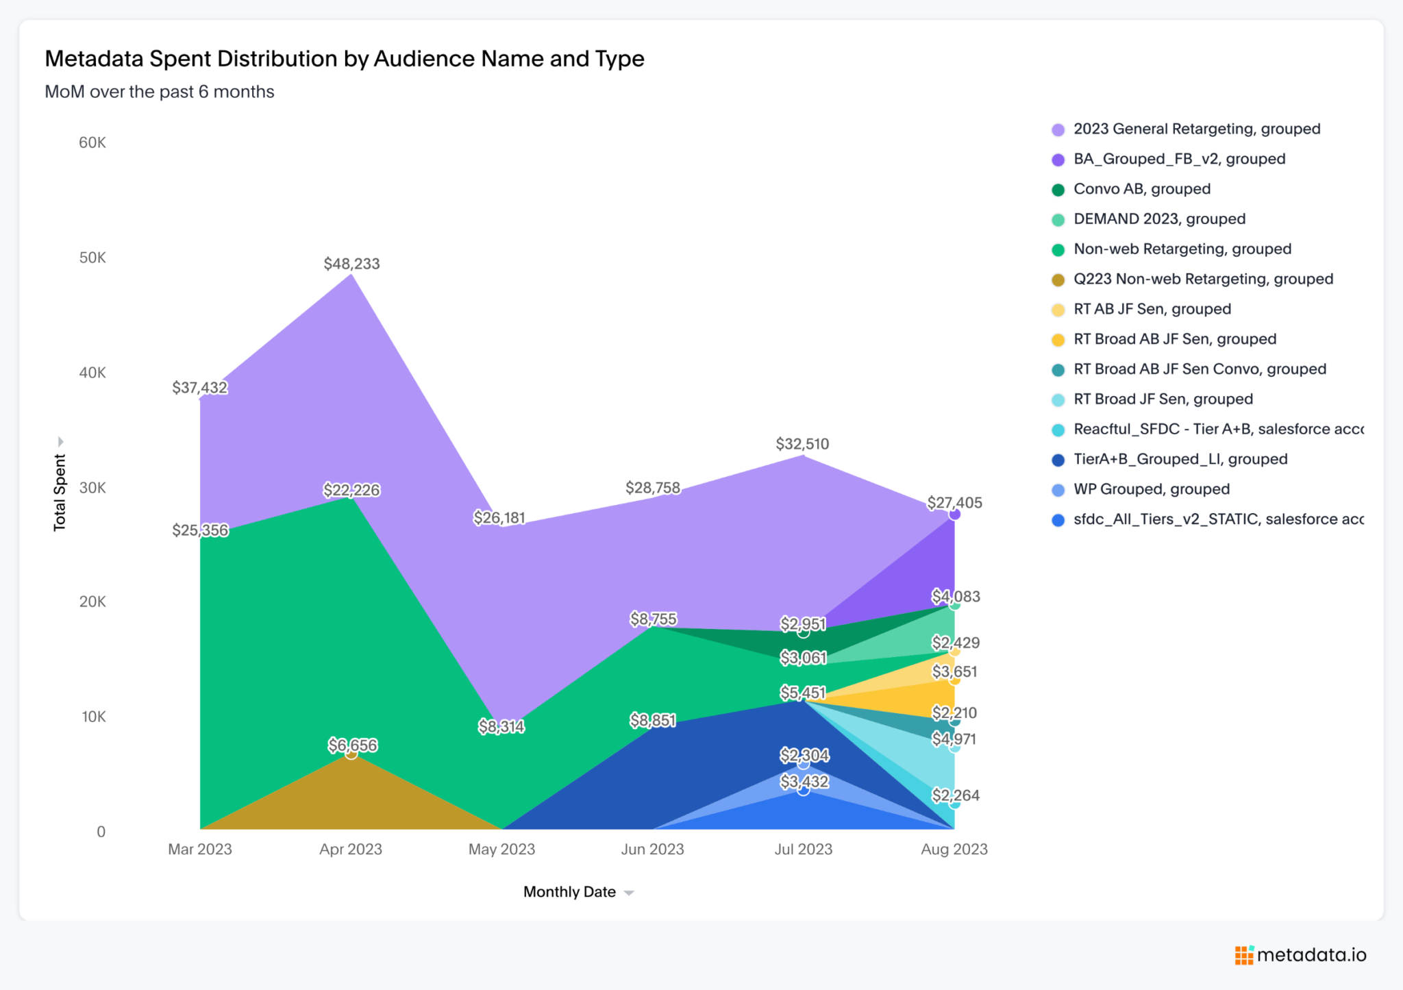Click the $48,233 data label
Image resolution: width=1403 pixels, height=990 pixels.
pyautogui.click(x=351, y=264)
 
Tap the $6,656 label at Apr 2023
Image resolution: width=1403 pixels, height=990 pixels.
pyautogui.click(x=352, y=745)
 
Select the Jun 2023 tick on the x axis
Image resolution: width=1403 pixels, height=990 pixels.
pyautogui.click(x=652, y=849)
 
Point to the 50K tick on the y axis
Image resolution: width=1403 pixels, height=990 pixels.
pyautogui.click(x=92, y=258)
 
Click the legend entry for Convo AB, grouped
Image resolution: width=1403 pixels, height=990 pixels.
pyautogui.click(x=1141, y=189)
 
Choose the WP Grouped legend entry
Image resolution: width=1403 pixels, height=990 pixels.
pyautogui.click(x=1151, y=489)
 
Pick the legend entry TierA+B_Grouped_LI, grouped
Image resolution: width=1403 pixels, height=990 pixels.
pyautogui.click(x=1180, y=459)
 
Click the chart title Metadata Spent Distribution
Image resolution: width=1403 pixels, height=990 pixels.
pyautogui.click(x=344, y=59)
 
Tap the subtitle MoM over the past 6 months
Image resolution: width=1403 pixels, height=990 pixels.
pyautogui.click(x=159, y=92)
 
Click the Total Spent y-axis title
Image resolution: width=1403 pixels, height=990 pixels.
pyautogui.click(x=60, y=492)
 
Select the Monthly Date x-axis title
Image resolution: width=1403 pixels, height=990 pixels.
pyautogui.click(x=569, y=892)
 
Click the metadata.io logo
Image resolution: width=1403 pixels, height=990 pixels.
pyautogui.click(x=1300, y=954)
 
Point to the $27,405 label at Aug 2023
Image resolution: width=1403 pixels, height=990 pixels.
pyautogui.click(x=954, y=503)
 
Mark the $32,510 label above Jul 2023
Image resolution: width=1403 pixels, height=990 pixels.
pyautogui.click(x=802, y=444)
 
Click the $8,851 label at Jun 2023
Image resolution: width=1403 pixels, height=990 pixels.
pyautogui.click(x=653, y=720)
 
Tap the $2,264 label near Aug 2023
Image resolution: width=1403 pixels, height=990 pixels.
pyautogui.click(x=955, y=795)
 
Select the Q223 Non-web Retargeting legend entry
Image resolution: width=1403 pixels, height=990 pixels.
pyautogui.click(x=1202, y=279)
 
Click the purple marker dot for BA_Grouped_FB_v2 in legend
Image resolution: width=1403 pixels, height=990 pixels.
pyautogui.click(x=1058, y=160)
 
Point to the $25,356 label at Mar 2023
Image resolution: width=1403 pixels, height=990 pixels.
pyautogui.click(x=200, y=530)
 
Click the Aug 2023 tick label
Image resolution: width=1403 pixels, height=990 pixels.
pyautogui.click(x=954, y=849)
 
